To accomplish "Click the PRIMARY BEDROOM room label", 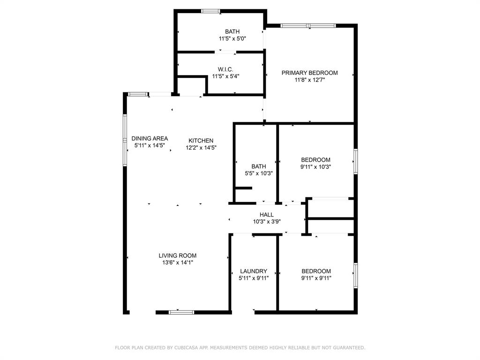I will [x=309, y=73].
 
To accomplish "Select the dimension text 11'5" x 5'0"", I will [x=232, y=39].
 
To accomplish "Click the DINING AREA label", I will [x=150, y=138].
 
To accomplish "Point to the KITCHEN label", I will [x=201, y=141].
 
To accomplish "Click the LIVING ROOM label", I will [x=177, y=255].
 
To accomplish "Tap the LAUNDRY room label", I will [x=253, y=271].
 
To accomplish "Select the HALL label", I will [x=266, y=215].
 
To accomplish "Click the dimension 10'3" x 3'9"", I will [x=266, y=222].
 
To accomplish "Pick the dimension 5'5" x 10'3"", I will [x=258, y=173].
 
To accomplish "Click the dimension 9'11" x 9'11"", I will [x=316, y=278].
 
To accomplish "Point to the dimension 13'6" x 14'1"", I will [x=177, y=262].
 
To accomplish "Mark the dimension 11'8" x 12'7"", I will [x=309, y=80].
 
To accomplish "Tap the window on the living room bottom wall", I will [x=181, y=312].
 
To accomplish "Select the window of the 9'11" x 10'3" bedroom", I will [x=355, y=162].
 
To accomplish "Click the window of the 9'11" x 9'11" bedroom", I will [x=355, y=275].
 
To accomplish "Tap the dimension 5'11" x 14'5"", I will [x=150, y=145].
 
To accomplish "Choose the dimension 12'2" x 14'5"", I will [x=201, y=148].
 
